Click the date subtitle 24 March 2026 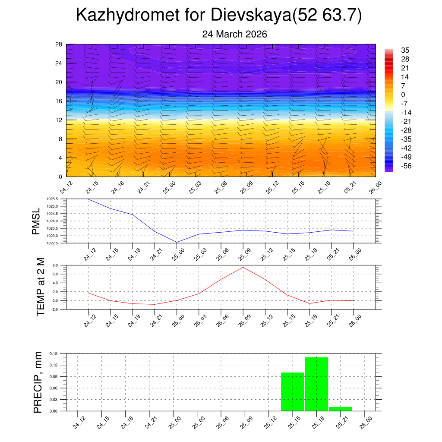click(x=234, y=34)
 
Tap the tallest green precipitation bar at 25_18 click(x=316, y=384)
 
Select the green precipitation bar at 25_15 click(x=293, y=391)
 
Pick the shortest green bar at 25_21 click(x=340, y=409)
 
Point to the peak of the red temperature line click(x=243, y=267)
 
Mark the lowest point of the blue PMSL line click(x=177, y=242)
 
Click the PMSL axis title click(x=36, y=221)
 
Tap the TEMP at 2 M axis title click(x=40, y=287)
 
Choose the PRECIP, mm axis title click(x=38, y=382)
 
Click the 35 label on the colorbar click(x=405, y=50)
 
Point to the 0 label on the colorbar click(x=403, y=95)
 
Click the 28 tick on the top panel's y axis click(x=59, y=44)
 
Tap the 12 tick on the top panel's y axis click(x=59, y=120)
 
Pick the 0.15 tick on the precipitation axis click(x=53, y=354)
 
